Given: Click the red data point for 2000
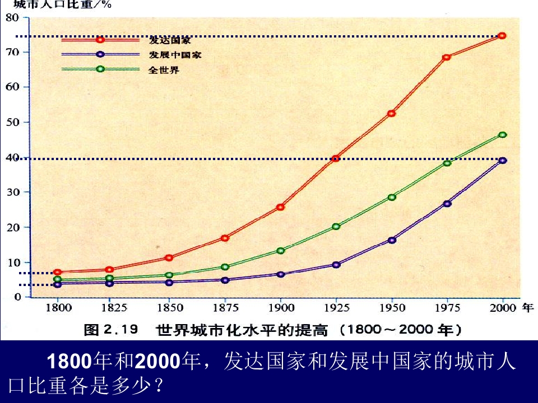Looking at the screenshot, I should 502,36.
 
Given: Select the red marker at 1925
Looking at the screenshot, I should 336,158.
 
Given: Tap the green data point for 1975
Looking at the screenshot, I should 447,163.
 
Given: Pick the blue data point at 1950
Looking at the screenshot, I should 392,240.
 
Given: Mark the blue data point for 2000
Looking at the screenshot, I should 502,161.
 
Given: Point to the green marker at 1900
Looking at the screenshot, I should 281,251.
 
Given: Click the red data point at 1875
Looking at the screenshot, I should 225,238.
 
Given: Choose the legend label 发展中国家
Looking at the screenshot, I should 175,55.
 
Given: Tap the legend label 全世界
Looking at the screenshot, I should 164,71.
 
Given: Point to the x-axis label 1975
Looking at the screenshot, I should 447,308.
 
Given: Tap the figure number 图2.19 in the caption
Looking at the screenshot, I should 110,330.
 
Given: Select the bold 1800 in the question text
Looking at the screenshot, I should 68,362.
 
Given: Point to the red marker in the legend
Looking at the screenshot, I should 100,39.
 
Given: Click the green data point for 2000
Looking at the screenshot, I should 502,135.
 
